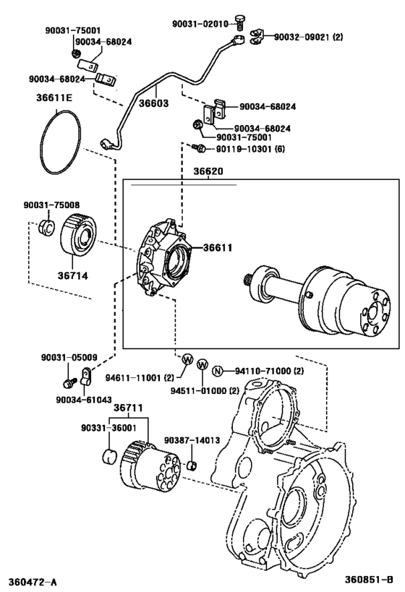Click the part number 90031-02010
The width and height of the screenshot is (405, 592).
(200, 23)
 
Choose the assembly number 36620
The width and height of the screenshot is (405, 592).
(208, 173)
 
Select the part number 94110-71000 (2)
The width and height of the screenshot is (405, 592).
(270, 372)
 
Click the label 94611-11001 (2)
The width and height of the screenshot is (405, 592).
(140, 377)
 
